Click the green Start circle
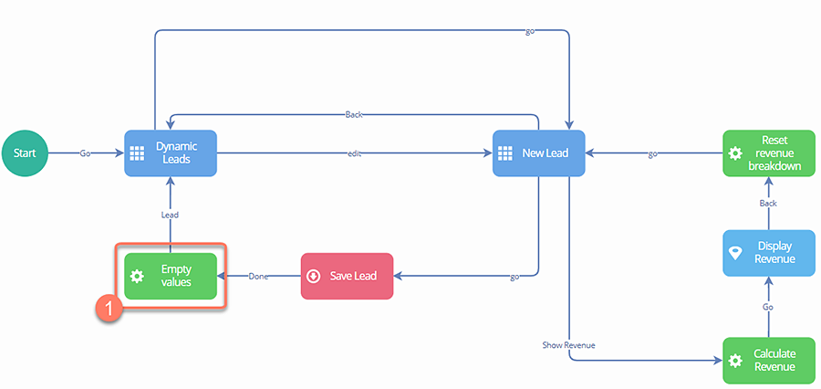coord(25,152)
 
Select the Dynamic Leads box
coord(170,153)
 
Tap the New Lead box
coord(538,153)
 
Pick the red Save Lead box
coord(347,276)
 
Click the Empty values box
coord(171,276)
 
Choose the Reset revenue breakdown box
coord(768,153)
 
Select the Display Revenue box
coord(768,253)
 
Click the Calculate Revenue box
coord(768,360)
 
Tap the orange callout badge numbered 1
coord(109,309)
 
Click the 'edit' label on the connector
coord(354,153)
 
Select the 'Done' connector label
coord(258,276)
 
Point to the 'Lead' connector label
coord(170,216)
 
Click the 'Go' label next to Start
coord(85,153)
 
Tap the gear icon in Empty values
coord(138,276)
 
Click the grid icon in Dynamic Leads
coord(138,153)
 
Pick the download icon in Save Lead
coord(314,276)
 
